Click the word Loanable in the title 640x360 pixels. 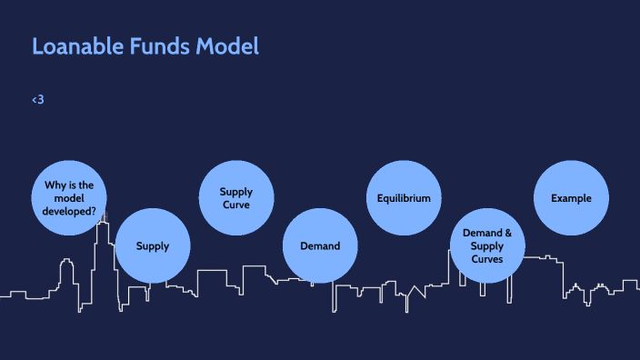pos(76,46)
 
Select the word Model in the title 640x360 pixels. pos(228,46)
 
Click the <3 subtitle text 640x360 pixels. pos(37,99)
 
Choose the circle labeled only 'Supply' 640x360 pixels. pos(153,245)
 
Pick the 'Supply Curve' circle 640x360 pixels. pos(236,197)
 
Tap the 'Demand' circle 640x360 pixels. pos(320,245)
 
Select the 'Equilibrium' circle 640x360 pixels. pos(404,197)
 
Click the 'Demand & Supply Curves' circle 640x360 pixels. pos(487,245)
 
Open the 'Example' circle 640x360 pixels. pos(571,197)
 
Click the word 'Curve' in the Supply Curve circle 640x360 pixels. pos(236,205)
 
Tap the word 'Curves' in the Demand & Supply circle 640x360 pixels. pos(487,259)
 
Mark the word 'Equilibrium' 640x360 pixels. pos(404,197)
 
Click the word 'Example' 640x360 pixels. pos(571,197)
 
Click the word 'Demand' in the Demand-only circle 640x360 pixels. pos(320,245)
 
